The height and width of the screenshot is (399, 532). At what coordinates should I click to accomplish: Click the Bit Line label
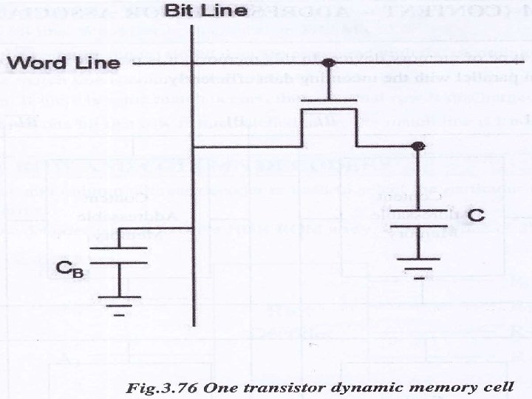point(197,11)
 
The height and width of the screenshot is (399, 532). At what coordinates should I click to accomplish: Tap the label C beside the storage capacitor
point(476,215)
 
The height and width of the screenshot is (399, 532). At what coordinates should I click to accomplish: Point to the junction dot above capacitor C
point(419,146)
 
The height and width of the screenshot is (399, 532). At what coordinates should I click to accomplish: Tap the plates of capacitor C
point(419,219)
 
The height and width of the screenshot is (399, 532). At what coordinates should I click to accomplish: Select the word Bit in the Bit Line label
point(177,11)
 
